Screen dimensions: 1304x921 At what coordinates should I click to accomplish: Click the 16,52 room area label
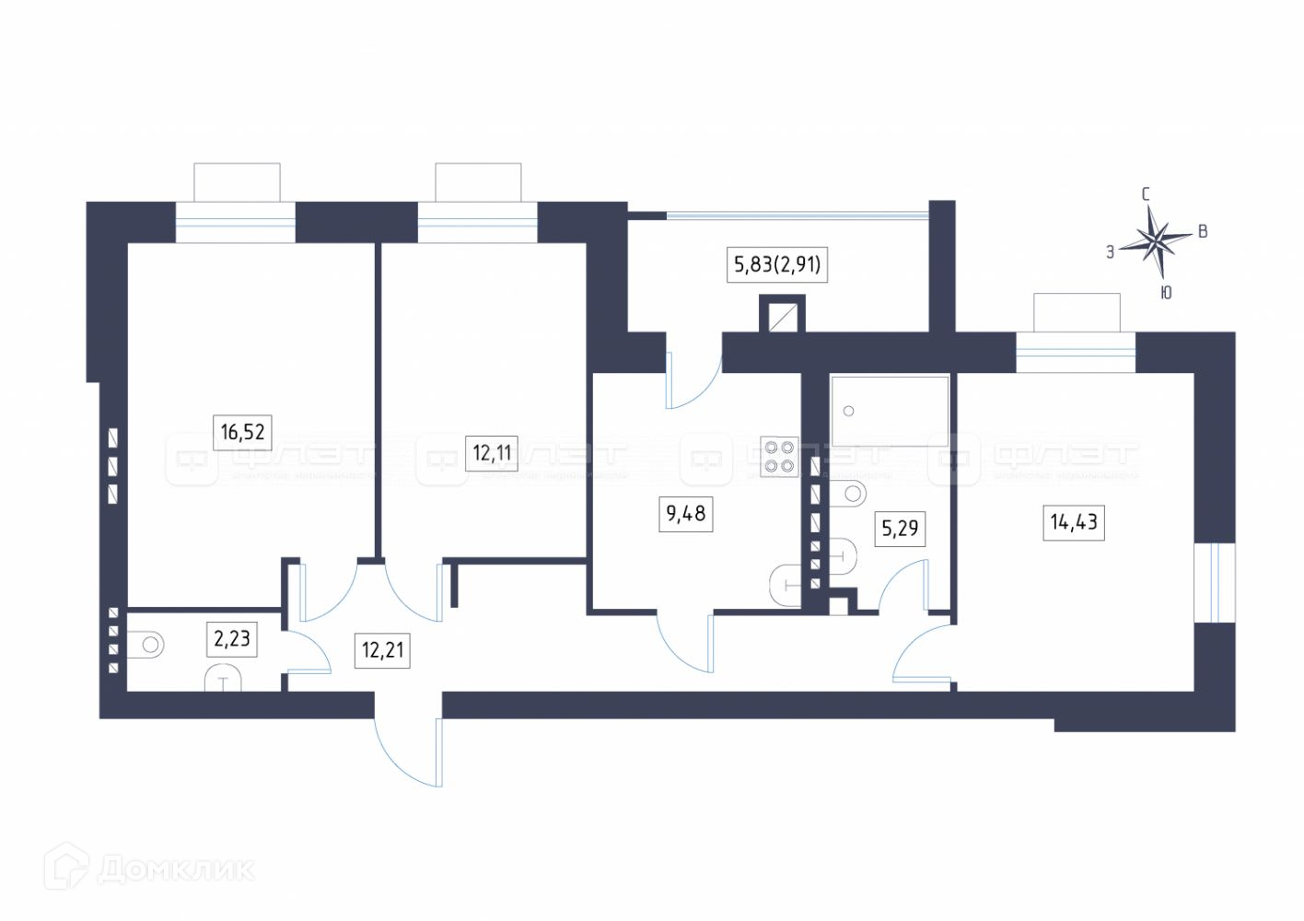pos(243,431)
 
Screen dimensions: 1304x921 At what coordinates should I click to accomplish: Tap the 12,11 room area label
pos(492,452)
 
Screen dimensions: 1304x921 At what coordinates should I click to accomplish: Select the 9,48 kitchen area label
pos(686,513)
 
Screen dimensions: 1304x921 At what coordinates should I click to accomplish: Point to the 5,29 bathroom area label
pos(900,528)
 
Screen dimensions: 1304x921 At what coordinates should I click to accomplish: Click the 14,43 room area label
pos(1074,522)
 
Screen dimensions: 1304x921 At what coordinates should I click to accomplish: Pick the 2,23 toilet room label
pos(231,637)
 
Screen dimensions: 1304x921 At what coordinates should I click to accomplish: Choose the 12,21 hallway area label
pos(382,650)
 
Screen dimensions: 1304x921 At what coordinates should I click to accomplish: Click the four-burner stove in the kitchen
pos(779,456)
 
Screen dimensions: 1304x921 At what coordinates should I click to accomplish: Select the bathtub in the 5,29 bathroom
pos(889,411)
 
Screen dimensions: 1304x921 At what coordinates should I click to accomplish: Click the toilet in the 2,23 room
pos(147,645)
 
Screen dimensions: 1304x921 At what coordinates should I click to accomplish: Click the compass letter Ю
pos(1166,293)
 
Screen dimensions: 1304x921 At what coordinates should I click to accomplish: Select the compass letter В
pos(1202,232)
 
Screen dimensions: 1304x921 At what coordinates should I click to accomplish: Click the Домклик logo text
pos(175,869)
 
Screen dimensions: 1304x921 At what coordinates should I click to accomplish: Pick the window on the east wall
pos(1214,582)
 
